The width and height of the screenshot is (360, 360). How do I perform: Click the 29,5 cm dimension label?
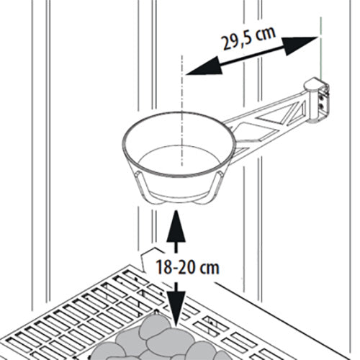pos(249,38)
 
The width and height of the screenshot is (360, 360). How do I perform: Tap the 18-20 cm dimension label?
pos(187,267)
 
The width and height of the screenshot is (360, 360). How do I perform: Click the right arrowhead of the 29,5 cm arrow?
pos(300,45)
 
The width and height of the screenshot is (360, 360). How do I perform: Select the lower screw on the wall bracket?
pos(321,106)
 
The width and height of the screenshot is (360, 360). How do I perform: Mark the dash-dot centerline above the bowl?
pos(182,110)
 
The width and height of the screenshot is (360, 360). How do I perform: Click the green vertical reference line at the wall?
pos(320,48)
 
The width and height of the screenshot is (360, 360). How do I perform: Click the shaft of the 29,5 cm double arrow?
pos(252,55)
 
